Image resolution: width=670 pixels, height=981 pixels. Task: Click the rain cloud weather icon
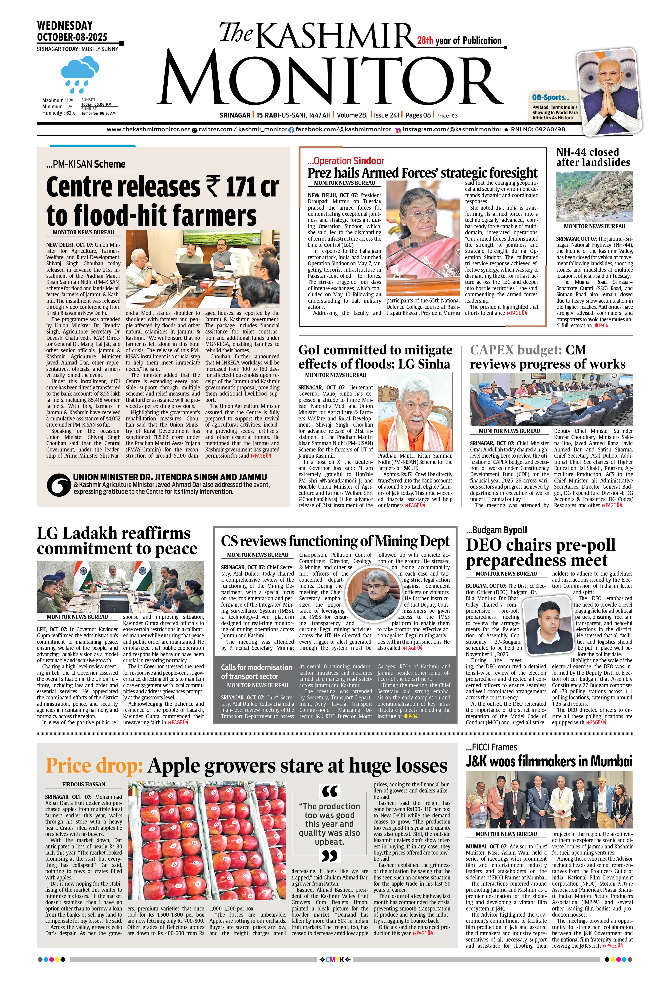point(79,74)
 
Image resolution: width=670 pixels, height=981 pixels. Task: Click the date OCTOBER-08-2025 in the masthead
point(72,37)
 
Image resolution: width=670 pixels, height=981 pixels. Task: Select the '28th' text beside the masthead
point(425,40)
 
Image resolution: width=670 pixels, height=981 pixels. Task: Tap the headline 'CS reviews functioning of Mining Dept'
point(335,541)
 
